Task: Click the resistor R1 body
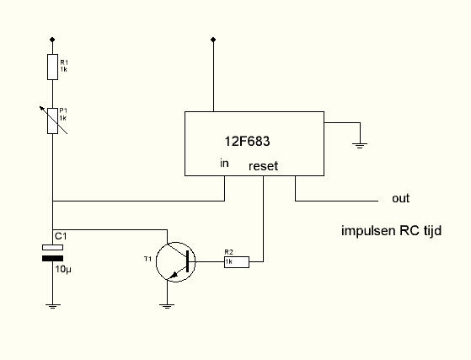coord(52,67)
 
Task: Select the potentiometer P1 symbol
coord(53,121)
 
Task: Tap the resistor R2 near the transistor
coord(237,261)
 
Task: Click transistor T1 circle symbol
coord(176,262)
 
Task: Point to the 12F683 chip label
coord(247,142)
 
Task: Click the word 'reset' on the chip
coord(264,166)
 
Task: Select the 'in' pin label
coord(224,164)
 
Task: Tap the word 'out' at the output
coord(401,198)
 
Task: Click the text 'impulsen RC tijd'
coord(392,231)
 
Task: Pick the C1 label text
coord(61,236)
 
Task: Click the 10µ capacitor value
coord(63,269)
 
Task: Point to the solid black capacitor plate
coord(52,259)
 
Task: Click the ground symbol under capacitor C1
coord(52,307)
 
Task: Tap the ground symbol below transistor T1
coord(167,307)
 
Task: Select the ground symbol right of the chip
coord(360,146)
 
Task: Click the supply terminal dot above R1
coord(52,40)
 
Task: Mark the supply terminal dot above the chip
coord(213,40)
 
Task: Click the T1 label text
coord(147,259)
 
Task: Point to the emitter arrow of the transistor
coord(174,275)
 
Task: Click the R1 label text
coord(64,62)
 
